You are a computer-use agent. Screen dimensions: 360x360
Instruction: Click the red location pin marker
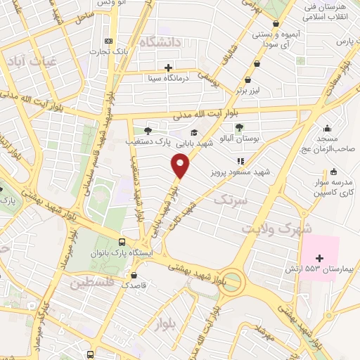tap(181, 166)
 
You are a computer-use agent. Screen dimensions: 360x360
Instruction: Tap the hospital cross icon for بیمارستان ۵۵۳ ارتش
tap(320, 258)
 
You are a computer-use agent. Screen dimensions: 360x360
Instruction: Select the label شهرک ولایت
tap(278, 229)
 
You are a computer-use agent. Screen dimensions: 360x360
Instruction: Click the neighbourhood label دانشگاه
tap(161, 43)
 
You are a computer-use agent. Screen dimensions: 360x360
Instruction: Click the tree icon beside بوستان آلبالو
tap(240, 127)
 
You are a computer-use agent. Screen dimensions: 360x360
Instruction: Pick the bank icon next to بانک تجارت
tap(108, 41)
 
